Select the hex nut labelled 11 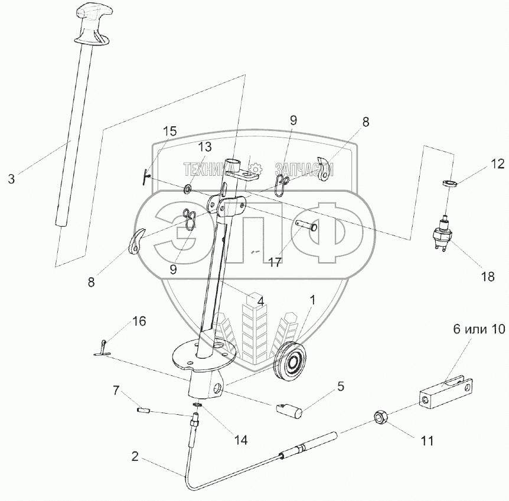pyautogui.click(x=380, y=418)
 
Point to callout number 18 pyautogui.click(x=487, y=276)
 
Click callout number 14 pyautogui.click(x=240, y=440)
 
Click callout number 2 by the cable pyautogui.click(x=135, y=456)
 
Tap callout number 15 pyautogui.click(x=169, y=132)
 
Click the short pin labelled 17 pyautogui.click(x=307, y=225)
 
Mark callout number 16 pyautogui.click(x=139, y=321)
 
